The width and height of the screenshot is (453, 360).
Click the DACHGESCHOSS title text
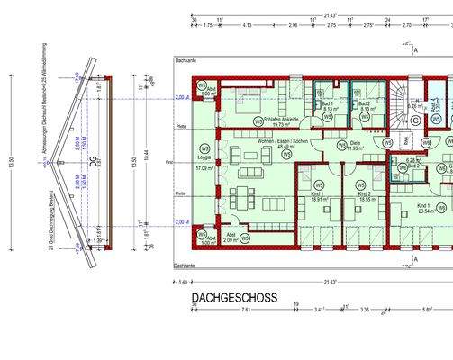coord(234,297)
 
